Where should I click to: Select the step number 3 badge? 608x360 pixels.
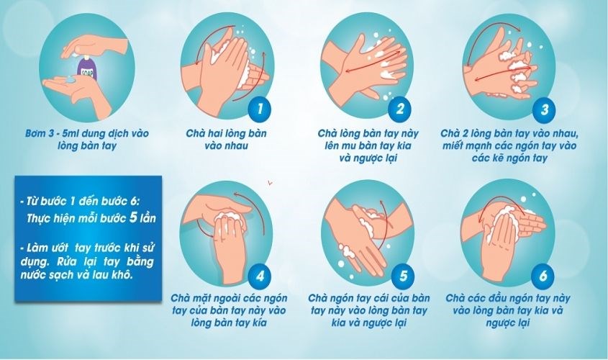(545, 109)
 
